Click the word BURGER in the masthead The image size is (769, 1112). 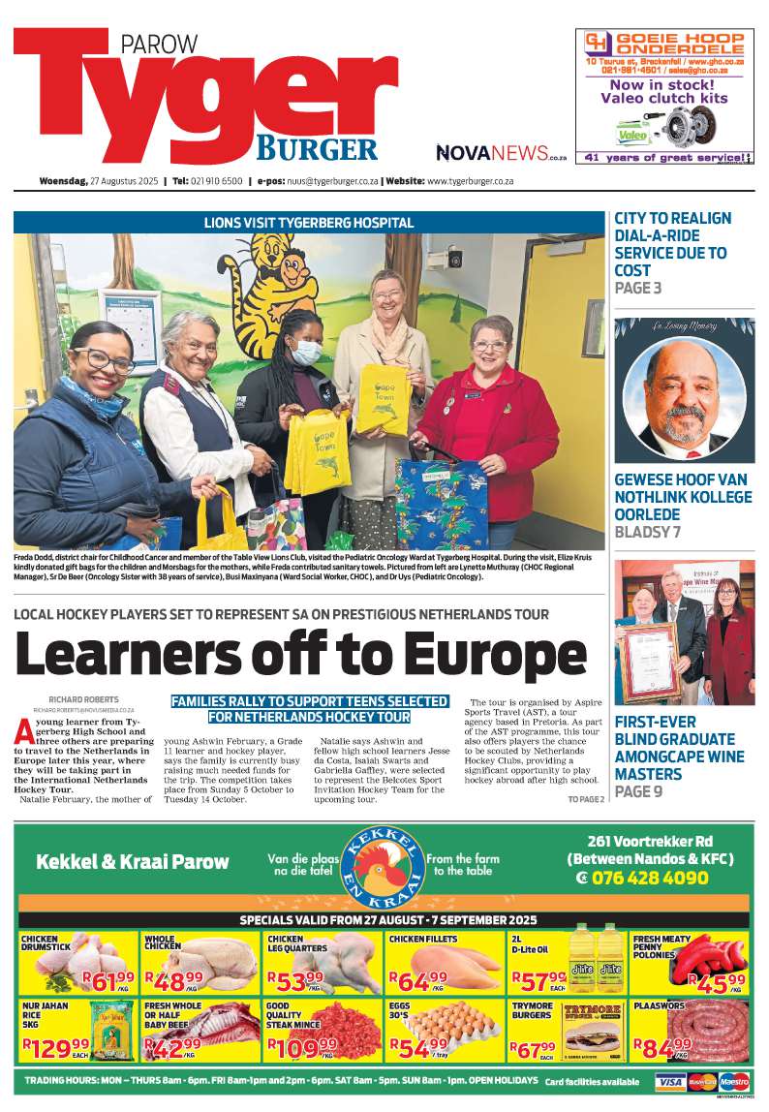(x=316, y=147)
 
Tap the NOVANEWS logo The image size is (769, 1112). (x=492, y=152)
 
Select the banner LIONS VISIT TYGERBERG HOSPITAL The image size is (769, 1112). (x=309, y=223)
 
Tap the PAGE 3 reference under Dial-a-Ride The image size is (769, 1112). (x=637, y=288)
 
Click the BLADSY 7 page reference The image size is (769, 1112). (x=647, y=532)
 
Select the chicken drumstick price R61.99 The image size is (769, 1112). (x=108, y=982)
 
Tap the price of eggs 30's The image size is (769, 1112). (x=418, y=1047)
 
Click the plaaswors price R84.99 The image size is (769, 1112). (x=662, y=1046)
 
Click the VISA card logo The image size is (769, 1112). (x=670, y=1081)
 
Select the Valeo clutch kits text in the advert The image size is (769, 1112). (x=663, y=98)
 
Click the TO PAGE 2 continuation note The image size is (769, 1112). (x=585, y=799)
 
